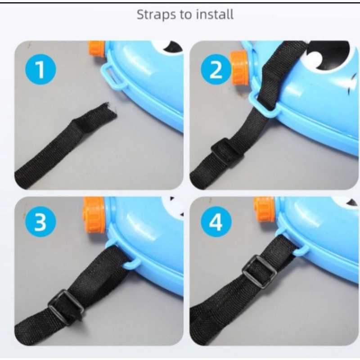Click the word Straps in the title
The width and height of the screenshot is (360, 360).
click(x=157, y=15)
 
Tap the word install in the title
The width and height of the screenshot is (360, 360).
click(x=215, y=14)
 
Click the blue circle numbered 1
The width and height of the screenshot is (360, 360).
click(x=40, y=69)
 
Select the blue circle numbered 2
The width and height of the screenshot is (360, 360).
click(x=216, y=69)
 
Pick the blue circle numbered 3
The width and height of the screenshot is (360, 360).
click(x=40, y=222)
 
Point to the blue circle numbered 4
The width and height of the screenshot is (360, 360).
click(x=216, y=222)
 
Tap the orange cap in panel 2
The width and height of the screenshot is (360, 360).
click(x=239, y=68)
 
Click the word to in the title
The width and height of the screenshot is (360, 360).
click(x=186, y=15)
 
